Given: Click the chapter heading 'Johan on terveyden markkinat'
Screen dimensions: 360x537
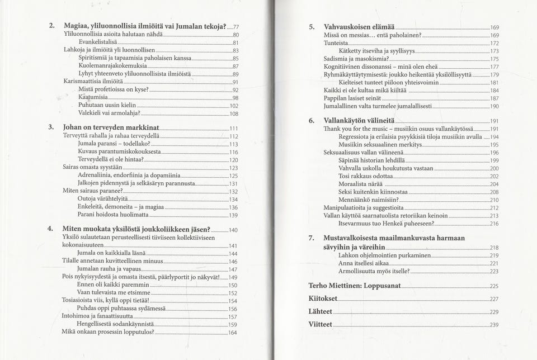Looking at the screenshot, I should point(111,128).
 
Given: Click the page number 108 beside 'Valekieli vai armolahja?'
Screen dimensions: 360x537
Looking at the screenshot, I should point(234,113).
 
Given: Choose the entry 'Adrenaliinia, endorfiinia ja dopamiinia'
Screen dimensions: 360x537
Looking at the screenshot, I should point(129,176).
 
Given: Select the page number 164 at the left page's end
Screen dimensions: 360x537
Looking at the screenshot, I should point(233,333).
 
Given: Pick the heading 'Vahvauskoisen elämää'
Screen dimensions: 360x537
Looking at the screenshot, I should point(359,27).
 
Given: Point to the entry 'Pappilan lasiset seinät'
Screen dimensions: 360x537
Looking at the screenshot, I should point(355,98).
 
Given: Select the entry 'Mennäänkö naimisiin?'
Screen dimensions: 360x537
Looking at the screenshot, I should point(369,200).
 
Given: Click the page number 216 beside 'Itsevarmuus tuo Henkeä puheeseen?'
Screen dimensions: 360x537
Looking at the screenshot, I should point(494,224).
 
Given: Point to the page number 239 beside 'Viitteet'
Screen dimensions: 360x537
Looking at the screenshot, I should point(494,325).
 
